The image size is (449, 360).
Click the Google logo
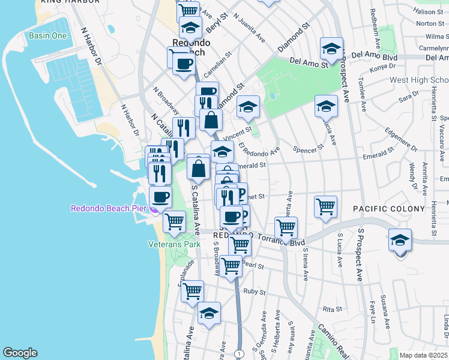point(20,353)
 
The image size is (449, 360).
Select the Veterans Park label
point(175,244)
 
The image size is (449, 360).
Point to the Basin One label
point(48,35)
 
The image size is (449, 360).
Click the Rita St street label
point(332,309)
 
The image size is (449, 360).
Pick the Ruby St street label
point(255,292)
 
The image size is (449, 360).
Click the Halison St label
point(428,11)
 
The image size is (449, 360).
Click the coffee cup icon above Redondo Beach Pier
point(160,197)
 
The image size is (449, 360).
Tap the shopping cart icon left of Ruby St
point(192,292)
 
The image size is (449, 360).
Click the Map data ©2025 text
point(423,355)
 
